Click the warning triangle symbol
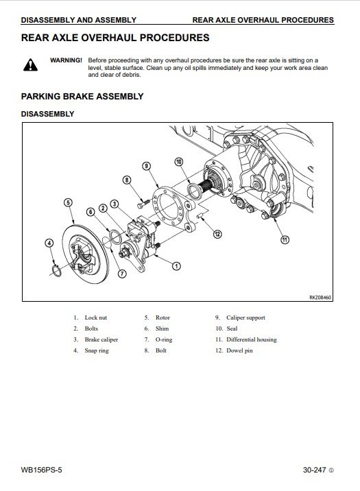tap(30, 65)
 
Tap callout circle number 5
tap(68, 202)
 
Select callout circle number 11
tap(285, 239)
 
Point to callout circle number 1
tap(176, 266)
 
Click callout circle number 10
tap(179, 162)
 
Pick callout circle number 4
tap(49, 243)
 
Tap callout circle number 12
tap(217, 234)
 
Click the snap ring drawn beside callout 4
tap(56, 271)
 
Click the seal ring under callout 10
tap(195, 191)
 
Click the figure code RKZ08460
tap(320, 297)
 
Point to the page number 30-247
tap(314, 470)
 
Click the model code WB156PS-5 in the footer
tap(41, 470)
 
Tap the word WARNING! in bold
tap(66, 60)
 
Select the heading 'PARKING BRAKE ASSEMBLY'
tap(82, 97)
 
